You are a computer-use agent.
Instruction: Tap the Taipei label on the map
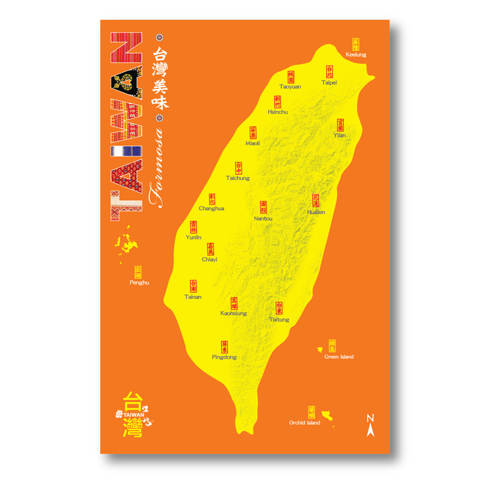pos(329,83)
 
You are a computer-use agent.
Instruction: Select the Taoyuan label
pos(290,86)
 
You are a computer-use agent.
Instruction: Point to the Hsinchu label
pos(278,112)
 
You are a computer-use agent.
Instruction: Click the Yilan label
pos(339,135)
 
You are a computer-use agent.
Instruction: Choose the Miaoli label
pos(253,143)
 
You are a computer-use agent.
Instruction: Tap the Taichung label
pos(238,178)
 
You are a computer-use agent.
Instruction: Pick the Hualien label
pos(316,212)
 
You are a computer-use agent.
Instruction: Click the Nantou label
pos(263,218)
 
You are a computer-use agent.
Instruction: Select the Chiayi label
pos(209,259)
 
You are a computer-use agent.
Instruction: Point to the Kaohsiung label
pos(234,314)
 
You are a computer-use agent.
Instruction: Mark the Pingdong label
pos(224,357)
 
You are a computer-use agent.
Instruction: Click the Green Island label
pos(339,357)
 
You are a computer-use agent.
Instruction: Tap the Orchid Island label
pos(304,423)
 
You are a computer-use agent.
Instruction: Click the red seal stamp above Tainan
pos(193,286)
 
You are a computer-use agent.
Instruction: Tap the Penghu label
pos(139,283)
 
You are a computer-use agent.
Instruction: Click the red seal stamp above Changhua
pos(212,198)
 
